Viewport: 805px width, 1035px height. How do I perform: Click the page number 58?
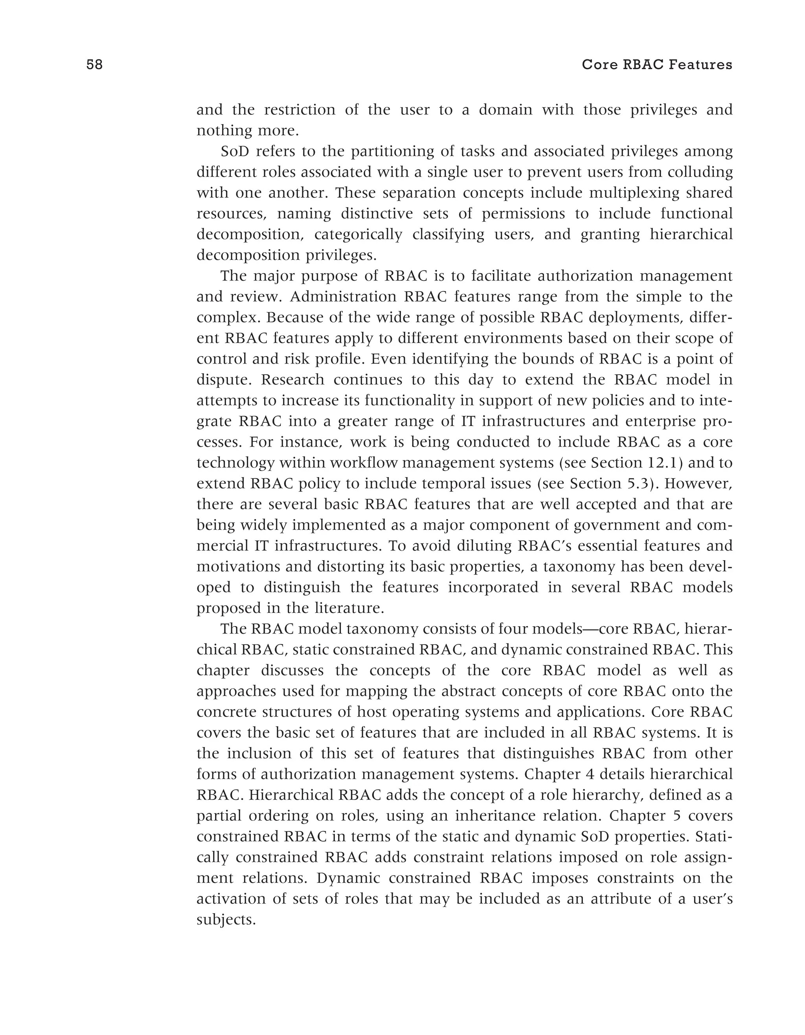coord(94,65)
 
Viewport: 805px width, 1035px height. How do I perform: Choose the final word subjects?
coord(226,920)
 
